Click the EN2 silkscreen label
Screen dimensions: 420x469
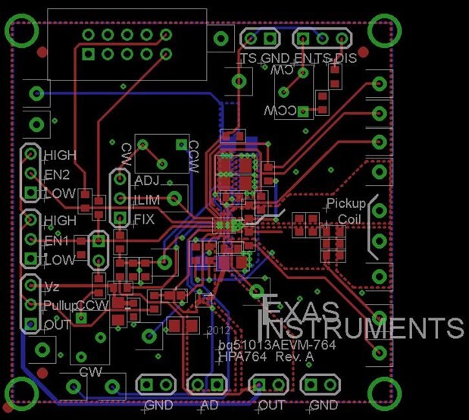[58, 174]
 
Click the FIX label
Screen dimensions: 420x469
[145, 220]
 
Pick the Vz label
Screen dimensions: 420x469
[52, 287]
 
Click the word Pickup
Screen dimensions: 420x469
[345, 204]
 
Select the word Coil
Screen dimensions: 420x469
[350, 218]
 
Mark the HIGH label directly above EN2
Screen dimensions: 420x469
[60, 155]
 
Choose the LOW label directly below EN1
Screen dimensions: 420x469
[60, 260]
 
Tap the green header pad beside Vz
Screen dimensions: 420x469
[30, 287]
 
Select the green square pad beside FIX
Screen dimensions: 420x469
[120, 220]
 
